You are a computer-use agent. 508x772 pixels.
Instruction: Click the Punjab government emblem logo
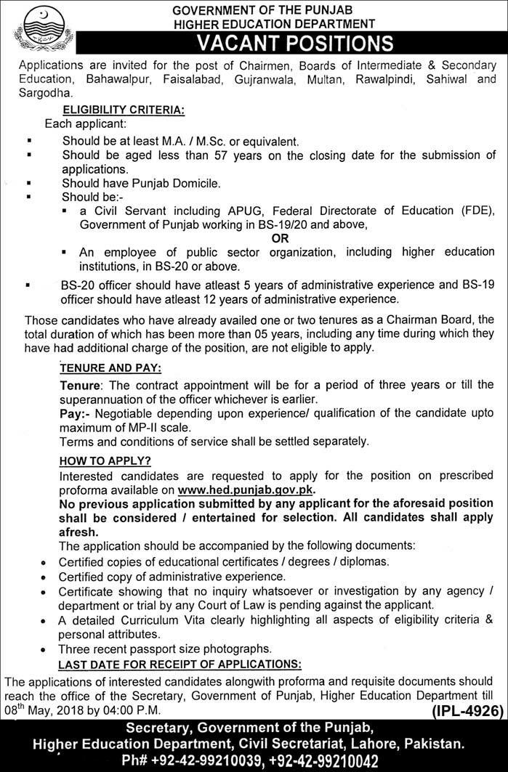click(x=39, y=27)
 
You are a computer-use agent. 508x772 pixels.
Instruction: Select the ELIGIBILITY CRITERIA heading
click(x=124, y=110)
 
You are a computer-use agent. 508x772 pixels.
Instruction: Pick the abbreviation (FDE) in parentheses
click(x=475, y=211)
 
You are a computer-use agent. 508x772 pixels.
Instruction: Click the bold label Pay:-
click(x=74, y=412)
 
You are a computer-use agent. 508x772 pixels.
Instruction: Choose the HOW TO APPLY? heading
click(x=105, y=460)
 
